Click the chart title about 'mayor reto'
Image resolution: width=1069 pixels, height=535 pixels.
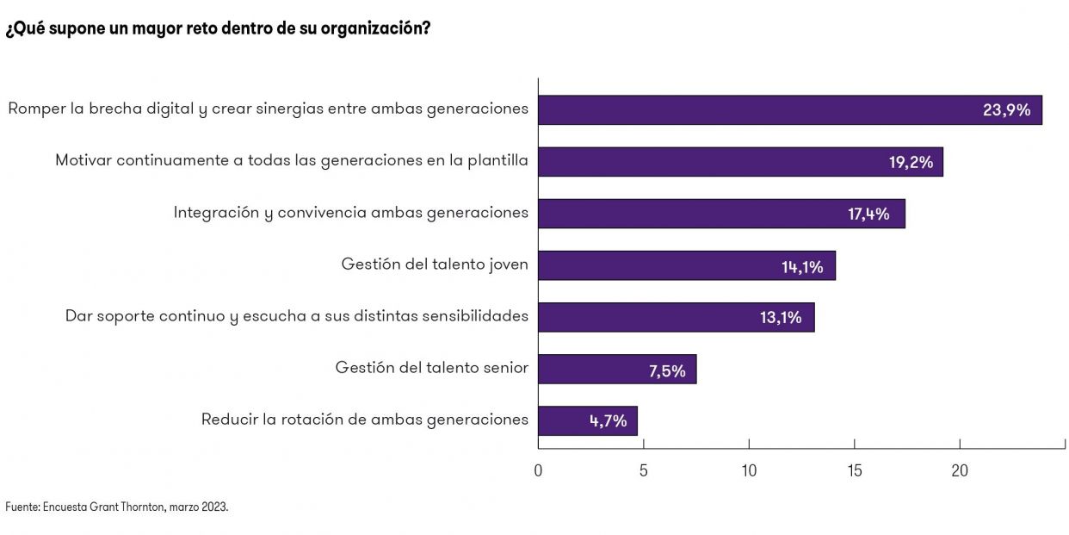point(218,28)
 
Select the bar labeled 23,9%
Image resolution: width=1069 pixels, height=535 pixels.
point(789,110)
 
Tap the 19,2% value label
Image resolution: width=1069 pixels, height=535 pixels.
point(911,162)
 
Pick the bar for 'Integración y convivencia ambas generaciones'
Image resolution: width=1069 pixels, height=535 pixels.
point(721,214)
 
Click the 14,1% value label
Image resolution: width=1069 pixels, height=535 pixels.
point(802,267)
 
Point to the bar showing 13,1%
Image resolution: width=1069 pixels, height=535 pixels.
point(676,317)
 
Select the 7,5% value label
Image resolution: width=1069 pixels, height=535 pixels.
point(667,371)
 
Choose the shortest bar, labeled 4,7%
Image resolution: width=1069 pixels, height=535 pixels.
point(587,420)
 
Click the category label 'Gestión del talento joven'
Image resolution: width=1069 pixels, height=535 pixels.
point(435,264)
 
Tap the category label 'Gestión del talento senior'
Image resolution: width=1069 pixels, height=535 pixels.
point(431,368)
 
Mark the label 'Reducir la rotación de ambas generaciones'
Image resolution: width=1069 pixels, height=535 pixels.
point(364,420)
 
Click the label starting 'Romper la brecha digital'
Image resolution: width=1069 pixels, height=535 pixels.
point(268,109)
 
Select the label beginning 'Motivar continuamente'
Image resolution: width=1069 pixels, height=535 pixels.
point(292,161)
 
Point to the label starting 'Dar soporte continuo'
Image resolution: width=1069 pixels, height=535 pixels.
point(297,316)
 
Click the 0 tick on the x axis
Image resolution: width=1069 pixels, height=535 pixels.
point(538,470)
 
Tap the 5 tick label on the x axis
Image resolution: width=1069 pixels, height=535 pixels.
point(643,470)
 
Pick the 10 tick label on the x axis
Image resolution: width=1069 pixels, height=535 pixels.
point(749,470)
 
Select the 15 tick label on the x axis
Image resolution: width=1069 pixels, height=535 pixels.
point(854,470)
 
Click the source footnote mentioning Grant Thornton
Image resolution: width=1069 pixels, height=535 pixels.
point(117,507)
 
